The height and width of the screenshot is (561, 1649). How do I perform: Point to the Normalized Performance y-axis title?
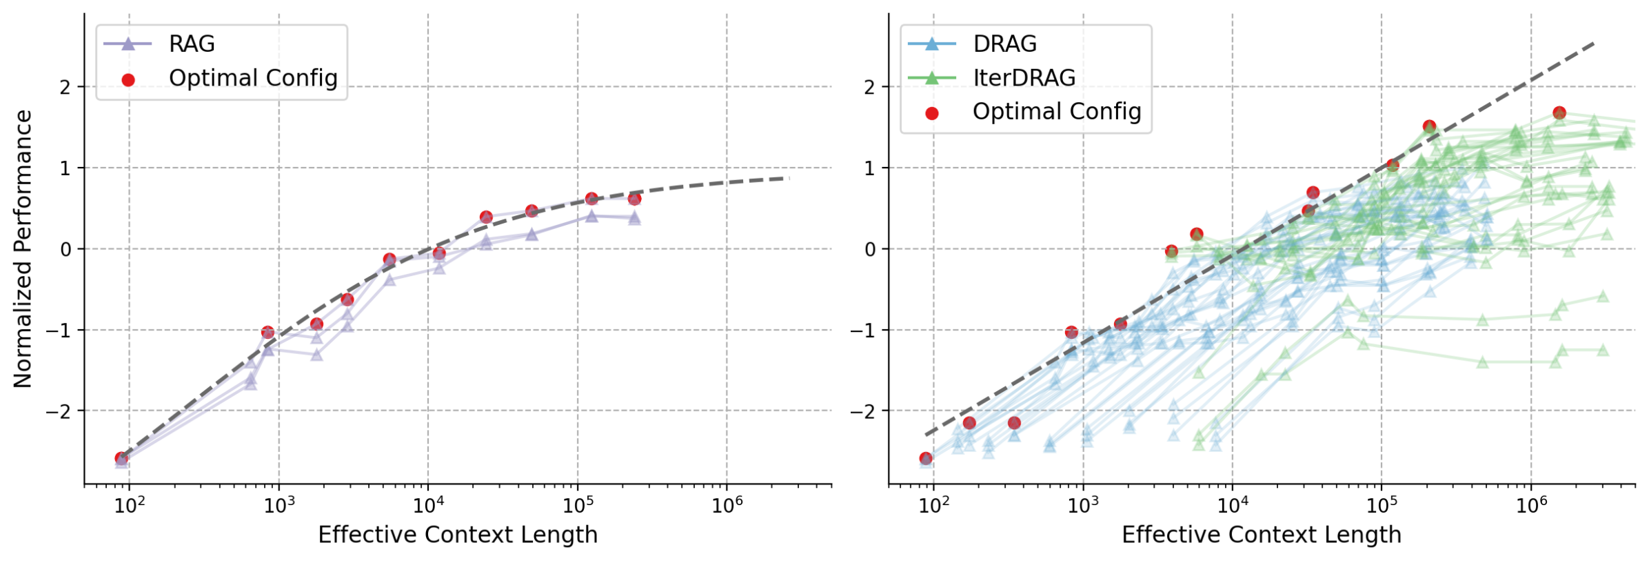pyautogui.click(x=23, y=248)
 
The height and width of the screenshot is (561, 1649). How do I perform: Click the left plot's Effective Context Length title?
pyautogui.click(x=458, y=535)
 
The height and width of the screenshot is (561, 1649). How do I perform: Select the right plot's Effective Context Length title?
pyautogui.click(x=1262, y=535)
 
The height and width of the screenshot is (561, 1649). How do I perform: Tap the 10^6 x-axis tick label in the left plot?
pyautogui.click(x=727, y=506)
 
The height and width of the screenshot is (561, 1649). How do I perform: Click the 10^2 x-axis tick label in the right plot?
pyautogui.click(x=933, y=506)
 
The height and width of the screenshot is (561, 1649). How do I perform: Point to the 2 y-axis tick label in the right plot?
pyautogui.click(x=870, y=88)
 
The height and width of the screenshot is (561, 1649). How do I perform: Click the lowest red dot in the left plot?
pyautogui.click(x=121, y=458)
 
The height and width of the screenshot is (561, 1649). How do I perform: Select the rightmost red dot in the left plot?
pyautogui.click(x=634, y=199)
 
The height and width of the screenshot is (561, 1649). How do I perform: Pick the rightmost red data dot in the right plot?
pyautogui.click(x=1559, y=112)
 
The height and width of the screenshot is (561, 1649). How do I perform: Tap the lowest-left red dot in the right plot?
pyautogui.click(x=926, y=458)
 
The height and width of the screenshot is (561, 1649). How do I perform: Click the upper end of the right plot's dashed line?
pyautogui.click(x=1593, y=43)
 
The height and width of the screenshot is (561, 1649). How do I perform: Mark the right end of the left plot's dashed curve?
pyautogui.click(x=789, y=178)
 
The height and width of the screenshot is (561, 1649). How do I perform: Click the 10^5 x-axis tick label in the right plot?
pyautogui.click(x=1382, y=506)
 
